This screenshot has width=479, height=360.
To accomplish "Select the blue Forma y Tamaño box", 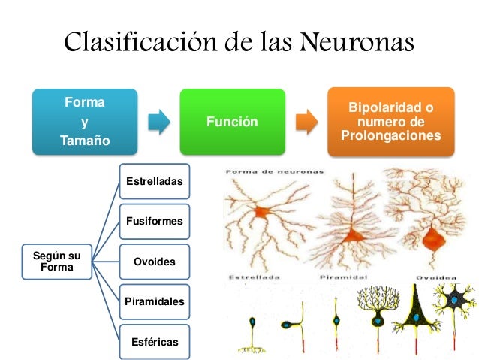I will point(84,121).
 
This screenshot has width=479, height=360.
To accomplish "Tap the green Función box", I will point(231,122).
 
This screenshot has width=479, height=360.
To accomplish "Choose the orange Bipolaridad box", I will point(390,122).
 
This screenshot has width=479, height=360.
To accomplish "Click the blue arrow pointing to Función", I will point(158,121).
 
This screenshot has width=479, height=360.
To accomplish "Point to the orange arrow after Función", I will point(306,121).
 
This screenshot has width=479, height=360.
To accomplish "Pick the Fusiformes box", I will point(153,222).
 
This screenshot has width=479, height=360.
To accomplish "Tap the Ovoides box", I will point(153,262).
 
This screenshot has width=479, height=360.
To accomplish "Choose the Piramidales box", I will point(153,301).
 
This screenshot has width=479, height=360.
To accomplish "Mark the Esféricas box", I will point(153,341).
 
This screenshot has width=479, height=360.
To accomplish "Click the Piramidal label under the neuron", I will point(342,276).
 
